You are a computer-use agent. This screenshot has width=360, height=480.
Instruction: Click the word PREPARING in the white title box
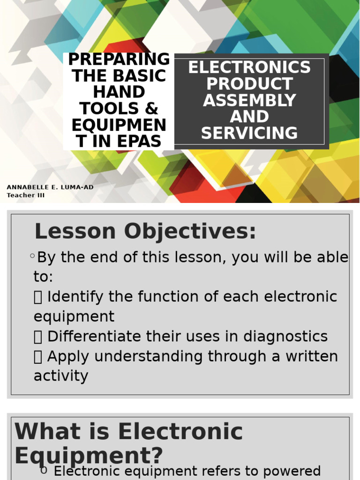coord(119,60)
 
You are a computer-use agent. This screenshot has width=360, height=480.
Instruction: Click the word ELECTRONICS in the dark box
coord(249,67)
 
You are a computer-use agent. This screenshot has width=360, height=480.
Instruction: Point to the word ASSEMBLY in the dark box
coord(249,100)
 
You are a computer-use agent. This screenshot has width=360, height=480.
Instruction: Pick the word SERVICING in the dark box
coord(249,133)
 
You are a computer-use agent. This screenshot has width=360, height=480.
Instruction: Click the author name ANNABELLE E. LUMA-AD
coord(50,187)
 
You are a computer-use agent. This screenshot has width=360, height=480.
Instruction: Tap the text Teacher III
coord(26,195)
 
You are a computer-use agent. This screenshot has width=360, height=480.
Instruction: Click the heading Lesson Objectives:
coord(145,232)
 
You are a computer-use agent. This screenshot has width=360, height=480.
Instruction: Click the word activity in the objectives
coord(61,376)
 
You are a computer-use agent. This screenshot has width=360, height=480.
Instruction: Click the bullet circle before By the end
coord(32,256)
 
